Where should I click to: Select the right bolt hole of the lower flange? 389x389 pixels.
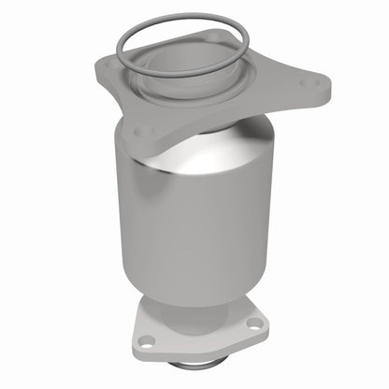click(x=254, y=324)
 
